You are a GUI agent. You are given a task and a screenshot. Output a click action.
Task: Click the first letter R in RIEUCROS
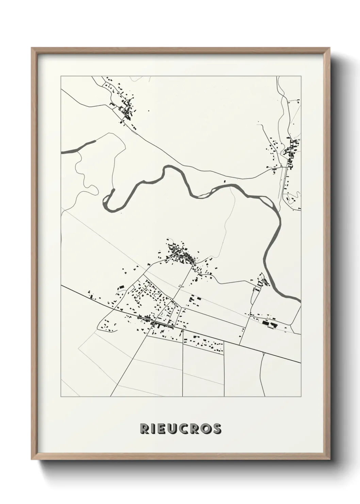[143, 429]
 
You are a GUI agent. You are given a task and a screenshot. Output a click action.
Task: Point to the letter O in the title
[206, 429]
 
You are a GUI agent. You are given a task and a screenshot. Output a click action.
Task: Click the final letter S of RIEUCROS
[217, 429]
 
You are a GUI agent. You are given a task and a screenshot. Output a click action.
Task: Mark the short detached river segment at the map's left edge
[78, 147]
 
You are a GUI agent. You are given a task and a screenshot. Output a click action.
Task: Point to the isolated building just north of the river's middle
[224, 181]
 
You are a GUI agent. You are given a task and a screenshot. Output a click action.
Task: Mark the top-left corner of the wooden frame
[32, 48]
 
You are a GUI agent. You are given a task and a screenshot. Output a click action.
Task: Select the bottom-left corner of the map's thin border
[61, 396]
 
